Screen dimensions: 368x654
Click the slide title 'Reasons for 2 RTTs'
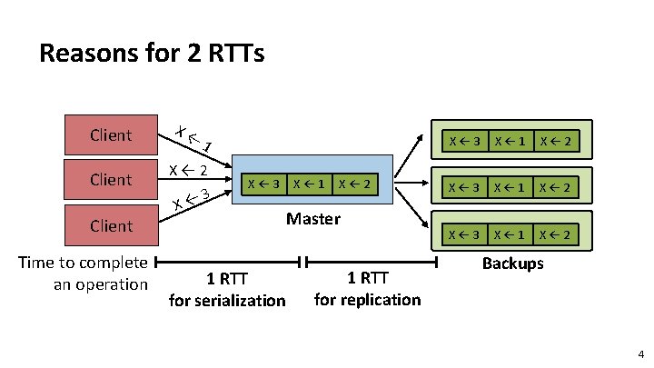click(x=152, y=54)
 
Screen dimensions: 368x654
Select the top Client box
click(x=111, y=135)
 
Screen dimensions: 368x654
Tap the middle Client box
click(x=111, y=180)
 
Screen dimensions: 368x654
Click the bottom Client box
click(x=111, y=225)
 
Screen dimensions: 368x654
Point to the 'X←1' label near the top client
click(x=194, y=138)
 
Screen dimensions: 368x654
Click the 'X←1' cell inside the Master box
click(x=308, y=184)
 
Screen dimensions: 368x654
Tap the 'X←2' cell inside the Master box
click(x=353, y=184)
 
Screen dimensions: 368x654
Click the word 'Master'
click(x=313, y=218)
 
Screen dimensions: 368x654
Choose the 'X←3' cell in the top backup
click(x=461, y=141)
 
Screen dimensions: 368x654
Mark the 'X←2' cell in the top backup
click(x=554, y=141)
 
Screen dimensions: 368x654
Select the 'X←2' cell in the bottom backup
click(x=554, y=234)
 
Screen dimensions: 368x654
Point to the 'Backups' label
click(x=513, y=263)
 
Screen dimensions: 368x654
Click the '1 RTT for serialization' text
click(x=227, y=288)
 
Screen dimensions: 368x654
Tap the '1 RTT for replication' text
click(x=367, y=288)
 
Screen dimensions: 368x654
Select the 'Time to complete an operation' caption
click(x=84, y=274)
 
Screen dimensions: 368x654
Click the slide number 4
click(x=640, y=353)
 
